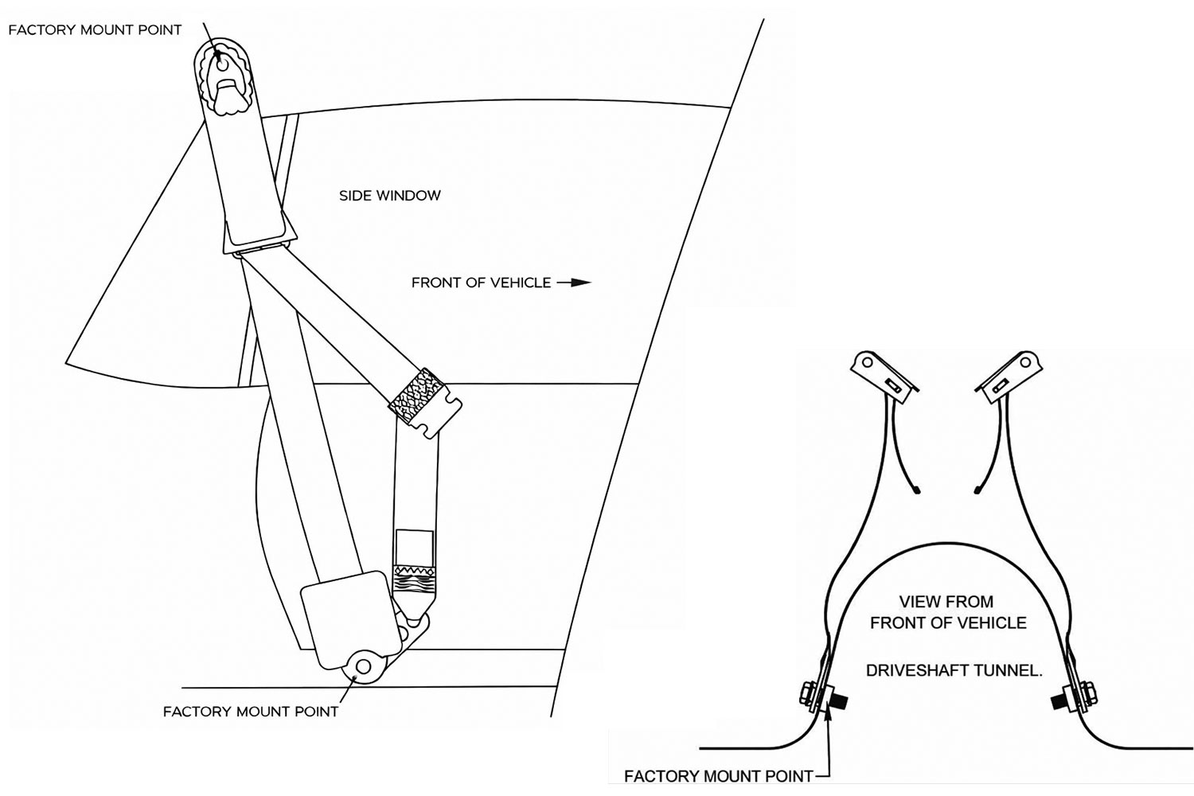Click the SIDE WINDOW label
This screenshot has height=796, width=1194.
point(389,196)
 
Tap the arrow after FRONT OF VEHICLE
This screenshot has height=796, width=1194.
point(574,283)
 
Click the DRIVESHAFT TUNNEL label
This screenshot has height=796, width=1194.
point(954,671)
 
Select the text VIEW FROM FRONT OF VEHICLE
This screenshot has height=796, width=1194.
point(947,612)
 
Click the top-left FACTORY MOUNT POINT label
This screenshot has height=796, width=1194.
point(95,30)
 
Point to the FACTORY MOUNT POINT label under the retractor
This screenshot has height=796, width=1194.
point(251,712)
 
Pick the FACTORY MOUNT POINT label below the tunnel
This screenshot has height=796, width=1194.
point(718,775)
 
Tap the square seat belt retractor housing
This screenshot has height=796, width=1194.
point(349,615)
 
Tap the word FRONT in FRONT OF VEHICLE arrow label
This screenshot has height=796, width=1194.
point(437,283)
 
